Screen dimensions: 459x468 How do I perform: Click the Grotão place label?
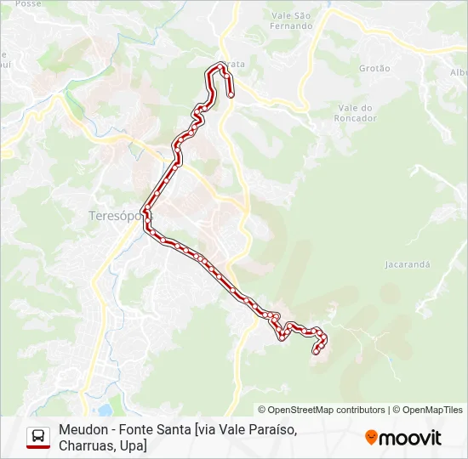click(374, 68)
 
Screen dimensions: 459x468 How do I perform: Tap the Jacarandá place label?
click(407, 264)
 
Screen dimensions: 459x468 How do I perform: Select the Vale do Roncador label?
click(357, 113)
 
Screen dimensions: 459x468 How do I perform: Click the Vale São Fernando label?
click(291, 20)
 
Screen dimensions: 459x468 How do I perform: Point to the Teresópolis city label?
click(114, 216)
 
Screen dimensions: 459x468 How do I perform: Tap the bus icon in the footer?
click(38, 437)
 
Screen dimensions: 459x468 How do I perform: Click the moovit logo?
click(403, 438)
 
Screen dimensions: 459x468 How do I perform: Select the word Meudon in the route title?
click(83, 429)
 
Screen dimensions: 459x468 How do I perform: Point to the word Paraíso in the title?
click(271, 429)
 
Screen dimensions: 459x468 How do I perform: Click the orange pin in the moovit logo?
click(371, 438)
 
